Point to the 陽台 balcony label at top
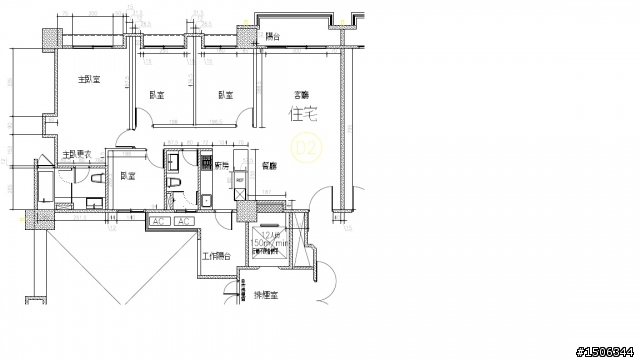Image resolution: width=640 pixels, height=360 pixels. click(273, 36)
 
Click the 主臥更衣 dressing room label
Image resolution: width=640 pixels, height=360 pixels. click(76, 154)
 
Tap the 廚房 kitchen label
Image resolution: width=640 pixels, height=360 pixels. click(221, 165)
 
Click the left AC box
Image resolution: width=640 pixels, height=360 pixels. click(159, 220)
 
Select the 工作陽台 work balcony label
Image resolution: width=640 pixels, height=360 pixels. click(216, 257)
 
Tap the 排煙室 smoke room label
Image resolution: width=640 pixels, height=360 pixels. click(265, 296)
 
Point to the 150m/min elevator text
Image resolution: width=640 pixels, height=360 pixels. click(270, 243)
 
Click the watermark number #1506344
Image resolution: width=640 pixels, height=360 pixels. click(606, 350)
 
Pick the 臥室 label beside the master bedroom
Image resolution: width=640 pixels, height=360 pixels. click(157, 96)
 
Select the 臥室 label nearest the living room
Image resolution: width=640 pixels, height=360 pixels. click(225, 96)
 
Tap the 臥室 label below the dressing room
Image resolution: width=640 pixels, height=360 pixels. click(127, 176)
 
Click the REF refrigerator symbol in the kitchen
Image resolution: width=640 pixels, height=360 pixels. click(240, 180)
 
